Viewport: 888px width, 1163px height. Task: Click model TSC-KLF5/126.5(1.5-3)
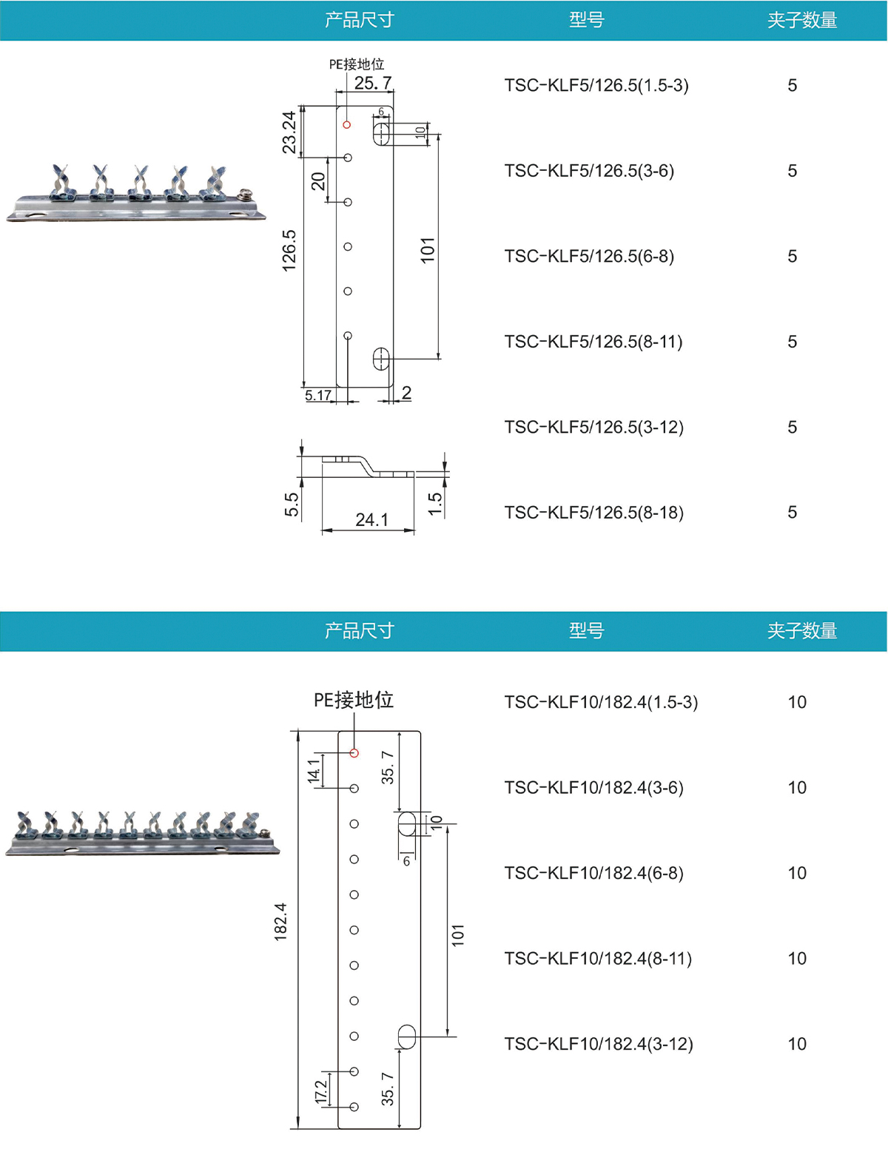pyautogui.click(x=596, y=85)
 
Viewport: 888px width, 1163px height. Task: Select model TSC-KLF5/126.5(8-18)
pyautogui.click(x=593, y=512)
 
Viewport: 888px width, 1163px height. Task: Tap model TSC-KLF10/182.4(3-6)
pyautogui.click(x=593, y=787)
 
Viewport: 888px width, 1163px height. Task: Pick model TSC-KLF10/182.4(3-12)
pyautogui.click(x=598, y=1043)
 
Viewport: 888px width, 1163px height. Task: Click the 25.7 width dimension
pyautogui.click(x=372, y=83)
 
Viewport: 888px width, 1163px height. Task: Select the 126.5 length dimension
pyautogui.click(x=289, y=250)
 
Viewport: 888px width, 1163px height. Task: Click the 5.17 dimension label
pyautogui.click(x=318, y=395)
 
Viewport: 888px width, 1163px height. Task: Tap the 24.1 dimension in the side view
pyautogui.click(x=371, y=519)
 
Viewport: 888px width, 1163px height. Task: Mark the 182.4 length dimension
pyautogui.click(x=280, y=921)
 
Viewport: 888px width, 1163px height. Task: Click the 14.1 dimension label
pyautogui.click(x=314, y=770)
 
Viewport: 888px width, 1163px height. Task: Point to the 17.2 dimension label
pyautogui.click(x=320, y=1090)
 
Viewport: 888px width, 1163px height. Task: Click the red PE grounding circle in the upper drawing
pyautogui.click(x=346, y=124)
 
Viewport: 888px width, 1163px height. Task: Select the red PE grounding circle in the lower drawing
pyautogui.click(x=354, y=752)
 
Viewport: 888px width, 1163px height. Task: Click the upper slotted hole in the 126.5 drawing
pyautogui.click(x=382, y=134)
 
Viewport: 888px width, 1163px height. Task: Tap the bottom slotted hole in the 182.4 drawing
pyautogui.click(x=406, y=1036)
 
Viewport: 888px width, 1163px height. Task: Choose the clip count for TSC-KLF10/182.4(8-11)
pyautogui.click(x=796, y=958)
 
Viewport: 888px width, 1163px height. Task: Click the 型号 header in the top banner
pyautogui.click(x=586, y=20)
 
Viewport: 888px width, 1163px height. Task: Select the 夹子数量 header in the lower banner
pyautogui.click(x=801, y=630)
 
